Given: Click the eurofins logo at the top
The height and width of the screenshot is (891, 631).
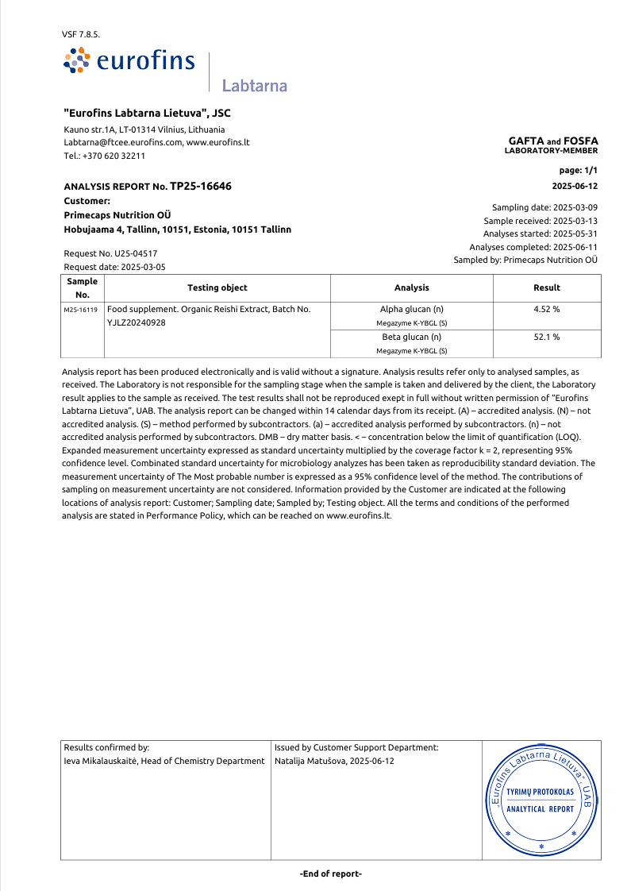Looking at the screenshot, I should click(129, 60).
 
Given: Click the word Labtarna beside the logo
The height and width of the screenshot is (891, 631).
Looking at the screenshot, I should click(254, 86).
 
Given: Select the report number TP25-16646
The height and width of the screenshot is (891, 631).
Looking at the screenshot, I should click(201, 187).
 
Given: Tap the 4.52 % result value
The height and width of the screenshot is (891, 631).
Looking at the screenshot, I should click(547, 309).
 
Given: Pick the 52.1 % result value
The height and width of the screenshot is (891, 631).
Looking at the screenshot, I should click(547, 337).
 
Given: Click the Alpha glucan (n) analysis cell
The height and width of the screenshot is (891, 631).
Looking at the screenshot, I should click(411, 309).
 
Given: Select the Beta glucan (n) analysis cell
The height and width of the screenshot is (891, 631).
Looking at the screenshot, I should click(411, 337).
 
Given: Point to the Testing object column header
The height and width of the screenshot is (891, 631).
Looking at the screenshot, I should click(217, 287).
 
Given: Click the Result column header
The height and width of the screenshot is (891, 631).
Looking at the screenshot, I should click(547, 287).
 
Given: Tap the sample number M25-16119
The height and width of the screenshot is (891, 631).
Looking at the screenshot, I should click(81, 310).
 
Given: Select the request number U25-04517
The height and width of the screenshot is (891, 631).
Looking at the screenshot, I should click(130, 253).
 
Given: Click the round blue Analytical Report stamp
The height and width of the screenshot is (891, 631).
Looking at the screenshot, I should click(541, 800).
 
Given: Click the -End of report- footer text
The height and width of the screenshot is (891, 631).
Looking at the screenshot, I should click(331, 874).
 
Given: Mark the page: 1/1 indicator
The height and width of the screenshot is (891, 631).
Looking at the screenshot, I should click(579, 171).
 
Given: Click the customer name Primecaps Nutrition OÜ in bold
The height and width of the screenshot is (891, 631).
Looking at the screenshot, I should click(117, 215).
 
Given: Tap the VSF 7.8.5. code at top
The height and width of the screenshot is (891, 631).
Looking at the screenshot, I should click(81, 35).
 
